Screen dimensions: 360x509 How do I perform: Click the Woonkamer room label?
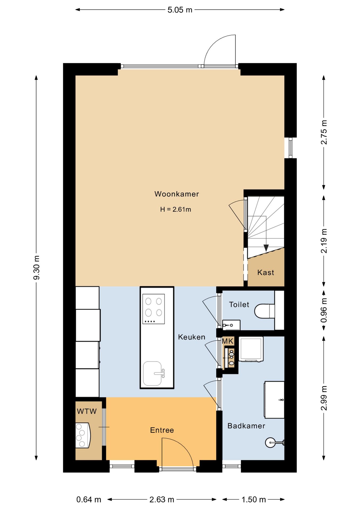[177, 194]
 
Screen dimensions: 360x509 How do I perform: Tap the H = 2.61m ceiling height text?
[175, 209]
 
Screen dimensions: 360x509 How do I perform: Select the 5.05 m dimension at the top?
[180, 10]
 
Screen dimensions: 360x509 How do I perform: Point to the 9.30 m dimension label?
[37, 267]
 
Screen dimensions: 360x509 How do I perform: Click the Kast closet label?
[266, 273]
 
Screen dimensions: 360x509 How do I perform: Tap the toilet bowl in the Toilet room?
[264, 311]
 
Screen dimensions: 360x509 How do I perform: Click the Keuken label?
[192, 337]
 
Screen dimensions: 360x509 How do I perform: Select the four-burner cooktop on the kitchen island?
[153, 309]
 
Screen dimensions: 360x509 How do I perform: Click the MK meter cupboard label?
[228, 341]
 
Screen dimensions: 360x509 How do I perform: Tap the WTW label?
[87, 411]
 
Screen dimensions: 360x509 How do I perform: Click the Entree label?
[162, 430]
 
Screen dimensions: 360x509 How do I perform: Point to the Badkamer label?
[246, 426]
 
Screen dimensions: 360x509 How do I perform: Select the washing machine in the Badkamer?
[251, 349]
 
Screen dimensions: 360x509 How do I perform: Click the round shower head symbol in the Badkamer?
[270, 442]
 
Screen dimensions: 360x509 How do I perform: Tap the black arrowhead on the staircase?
[266, 248]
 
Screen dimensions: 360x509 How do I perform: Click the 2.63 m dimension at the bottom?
[162, 500]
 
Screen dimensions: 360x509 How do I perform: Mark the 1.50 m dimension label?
[253, 500]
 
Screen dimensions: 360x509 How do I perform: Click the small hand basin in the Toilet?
[231, 325]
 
